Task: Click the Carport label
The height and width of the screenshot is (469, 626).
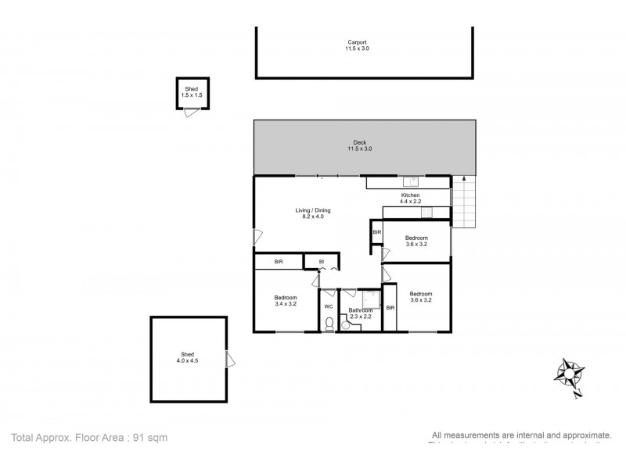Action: coord(358,42)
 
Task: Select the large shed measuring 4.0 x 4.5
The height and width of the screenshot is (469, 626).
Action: coord(189,358)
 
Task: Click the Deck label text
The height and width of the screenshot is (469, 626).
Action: coord(359,142)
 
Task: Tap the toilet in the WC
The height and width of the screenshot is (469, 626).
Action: coord(329,324)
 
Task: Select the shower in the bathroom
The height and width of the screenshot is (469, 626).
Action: coord(371,299)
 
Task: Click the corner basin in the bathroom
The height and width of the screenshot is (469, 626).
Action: coord(347,326)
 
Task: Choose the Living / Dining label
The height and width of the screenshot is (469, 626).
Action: coord(312,209)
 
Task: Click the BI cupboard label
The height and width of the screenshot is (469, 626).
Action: coord(321,262)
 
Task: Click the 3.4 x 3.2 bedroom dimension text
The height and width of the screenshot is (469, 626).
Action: coord(285,303)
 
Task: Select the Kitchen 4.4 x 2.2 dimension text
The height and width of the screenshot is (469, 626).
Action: coord(411,202)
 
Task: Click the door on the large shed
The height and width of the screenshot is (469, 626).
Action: coord(230,360)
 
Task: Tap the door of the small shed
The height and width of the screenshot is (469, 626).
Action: coord(189,113)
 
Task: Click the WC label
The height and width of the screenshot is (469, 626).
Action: coord(329,306)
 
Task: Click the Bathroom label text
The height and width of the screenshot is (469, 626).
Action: coord(361,310)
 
